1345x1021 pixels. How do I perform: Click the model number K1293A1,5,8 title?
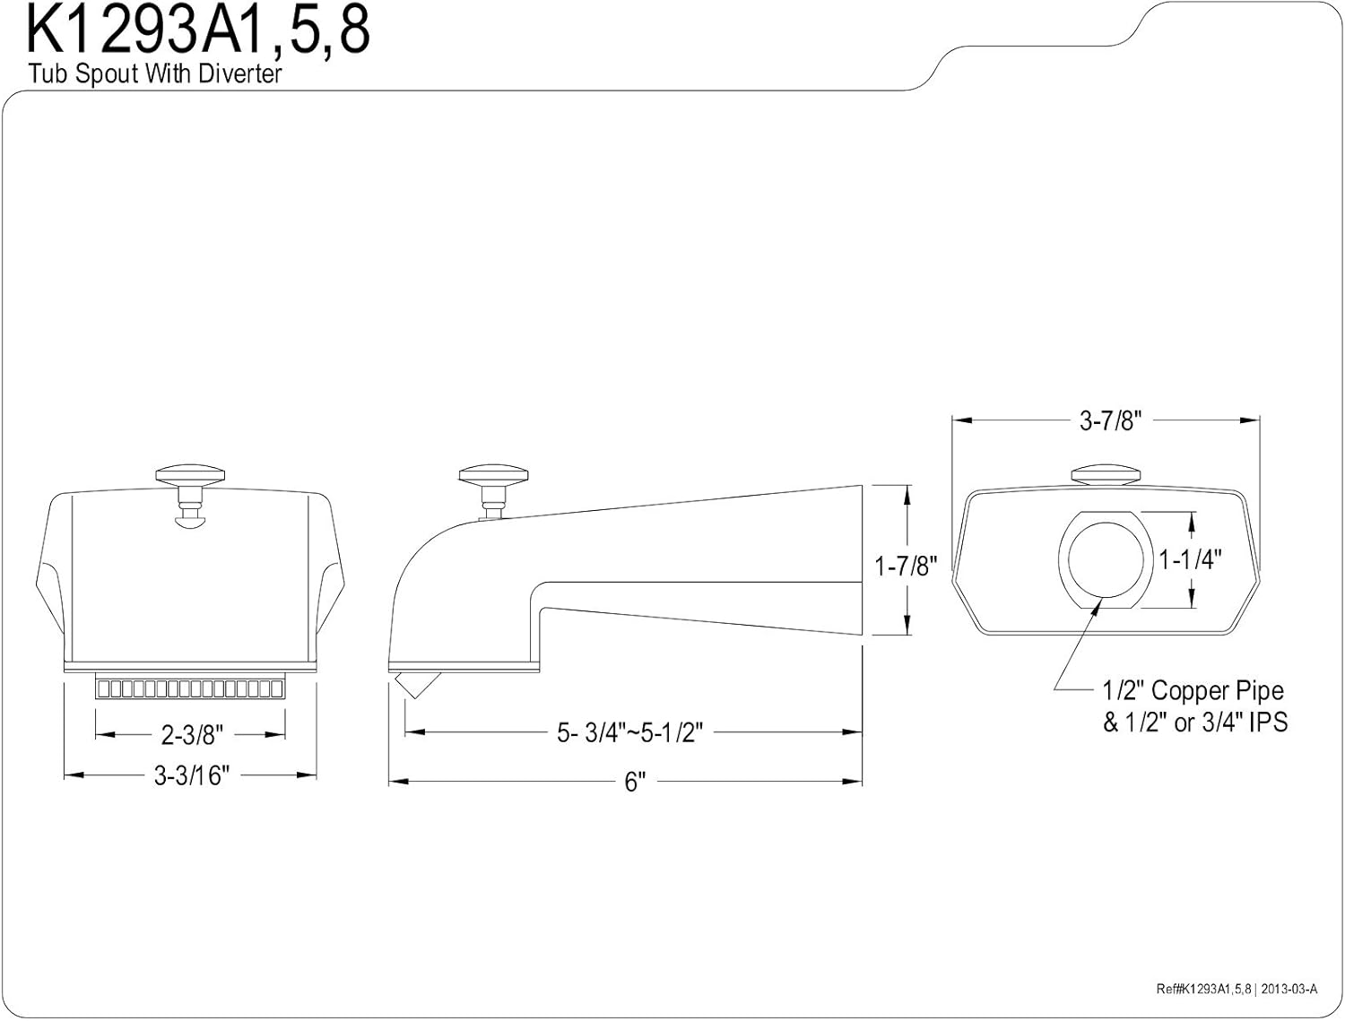[x=197, y=32]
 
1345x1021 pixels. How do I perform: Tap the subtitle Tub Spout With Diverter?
[x=155, y=74]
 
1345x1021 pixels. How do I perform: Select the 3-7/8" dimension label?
[x=1111, y=420]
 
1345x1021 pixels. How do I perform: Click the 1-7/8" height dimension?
[x=906, y=566]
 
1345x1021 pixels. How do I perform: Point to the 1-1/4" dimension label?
[x=1190, y=559]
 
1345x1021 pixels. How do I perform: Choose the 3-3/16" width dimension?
[x=192, y=776]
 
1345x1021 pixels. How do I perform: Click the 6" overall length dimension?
[x=636, y=782]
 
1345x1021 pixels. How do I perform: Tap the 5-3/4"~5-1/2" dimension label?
[x=629, y=732]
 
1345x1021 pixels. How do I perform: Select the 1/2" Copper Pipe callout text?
[x=1193, y=691]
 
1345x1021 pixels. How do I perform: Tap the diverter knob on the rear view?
[x=1106, y=474]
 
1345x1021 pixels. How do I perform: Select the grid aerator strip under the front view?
[x=191, y=688]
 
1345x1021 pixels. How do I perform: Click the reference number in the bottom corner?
[x=1237, y=989]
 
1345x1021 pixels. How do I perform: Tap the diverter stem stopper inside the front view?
[x=191, y=521]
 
